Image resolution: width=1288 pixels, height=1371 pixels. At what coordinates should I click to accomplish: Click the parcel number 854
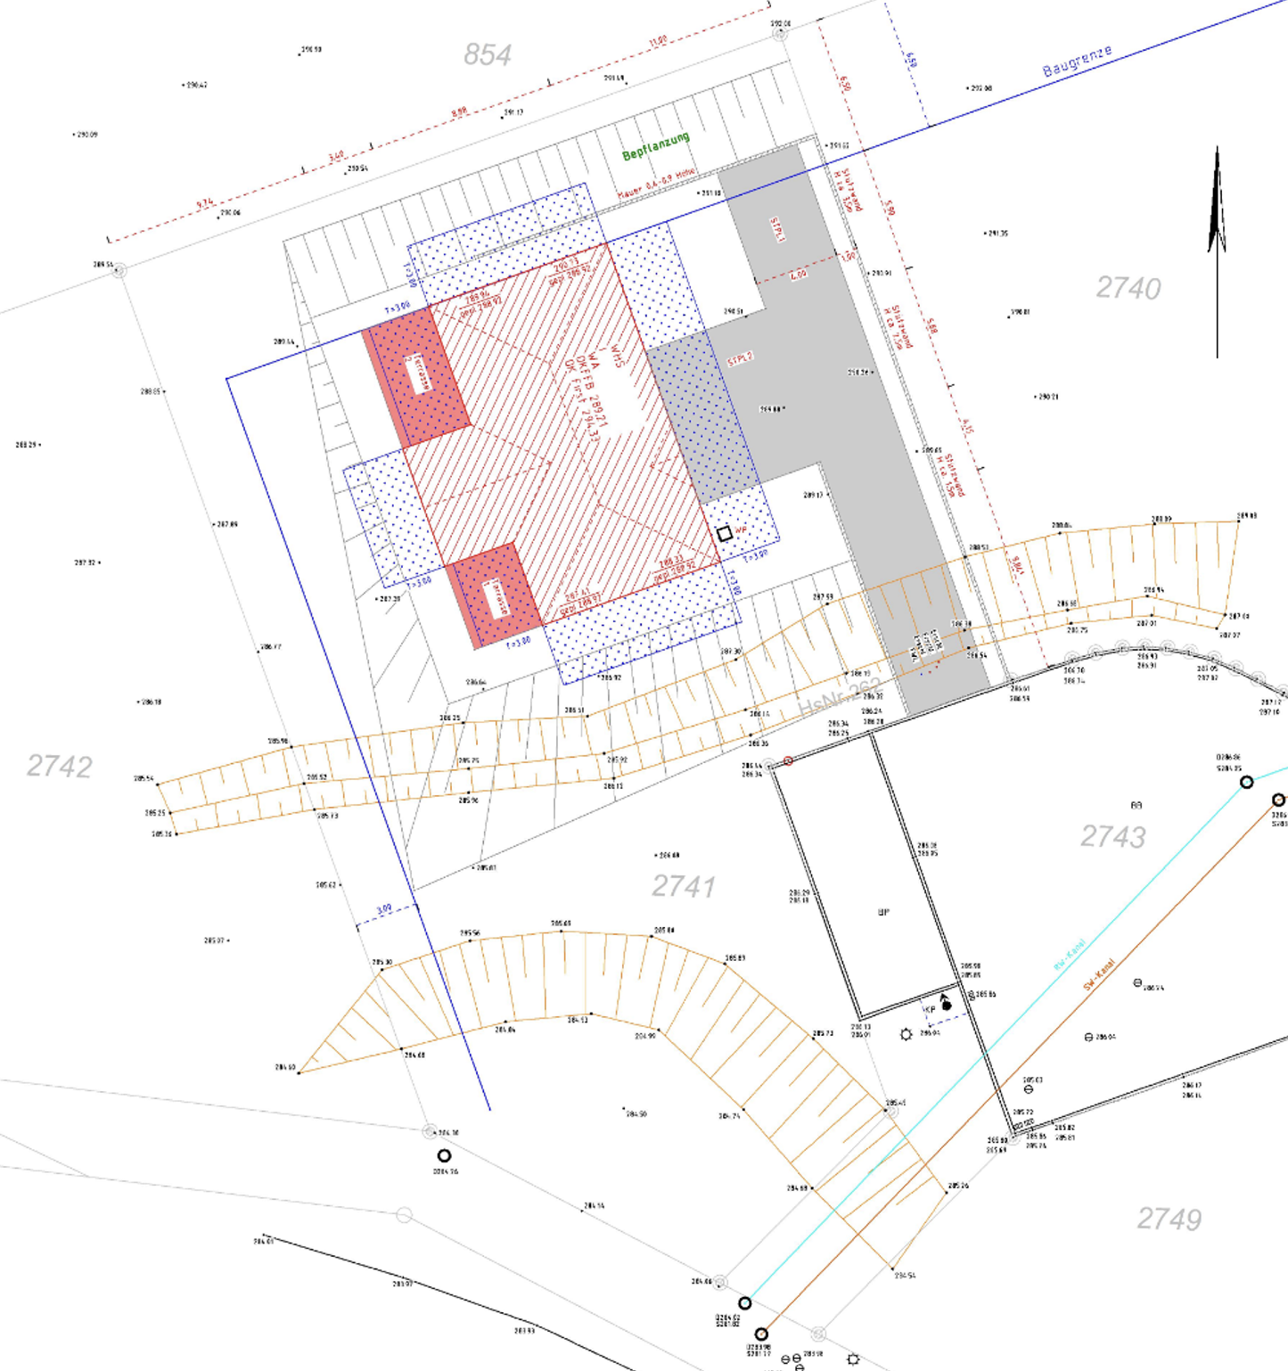pyautogui.click(x=487, y=55)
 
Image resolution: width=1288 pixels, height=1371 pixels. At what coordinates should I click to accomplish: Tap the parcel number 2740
pyautogui.click(x=1128, y=288)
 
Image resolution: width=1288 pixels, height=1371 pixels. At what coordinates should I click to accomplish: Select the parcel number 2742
pyautogui.click(x=59, y=766)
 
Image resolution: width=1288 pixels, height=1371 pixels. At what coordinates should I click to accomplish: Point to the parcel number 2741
pyautogui.click(x=683, y=886)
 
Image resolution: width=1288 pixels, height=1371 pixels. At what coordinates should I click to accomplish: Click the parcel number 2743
pyautogui.click(x=1112, y=836)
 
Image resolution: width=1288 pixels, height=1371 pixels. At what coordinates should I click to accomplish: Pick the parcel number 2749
pyautogui.click(x=1169, y=1219)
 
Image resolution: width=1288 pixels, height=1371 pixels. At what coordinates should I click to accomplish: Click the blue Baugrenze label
pyautogui.click(x=1077, y=61)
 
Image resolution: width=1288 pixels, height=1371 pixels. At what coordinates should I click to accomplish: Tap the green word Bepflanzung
pyautogui.click(x=655, y=147)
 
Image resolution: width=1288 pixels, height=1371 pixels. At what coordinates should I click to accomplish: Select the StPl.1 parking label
pyautogui.click(x=777, y=229)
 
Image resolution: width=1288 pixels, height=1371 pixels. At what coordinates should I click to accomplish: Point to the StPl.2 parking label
pyautogui.click(x=740, y=359)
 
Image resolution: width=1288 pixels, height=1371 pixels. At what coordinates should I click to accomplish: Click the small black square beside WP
pyautogui.click(x=725, y=533)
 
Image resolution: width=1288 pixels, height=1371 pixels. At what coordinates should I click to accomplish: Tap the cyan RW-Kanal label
pyautogui.click(x=1069, y=954)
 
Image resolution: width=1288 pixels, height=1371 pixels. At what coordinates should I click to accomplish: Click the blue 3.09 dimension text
pyautogui.click(x=383, y=910)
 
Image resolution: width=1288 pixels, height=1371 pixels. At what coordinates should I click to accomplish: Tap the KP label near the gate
pyautogui.click(x=930, y=1009)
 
